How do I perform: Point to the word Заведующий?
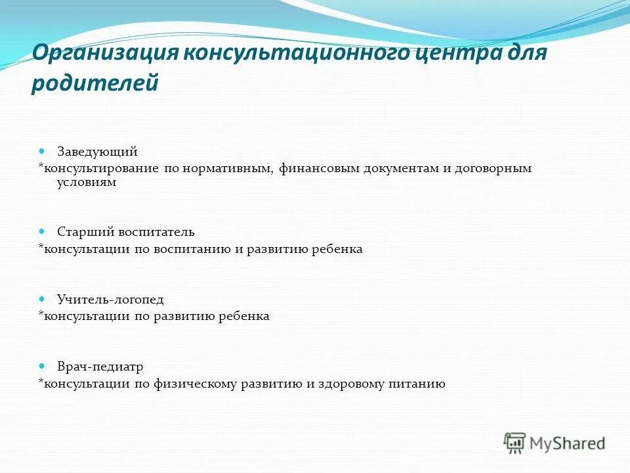click(x=97, y=152)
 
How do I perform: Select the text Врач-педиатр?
click(x=100, y=367)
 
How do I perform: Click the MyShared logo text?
click(x=567, y=443)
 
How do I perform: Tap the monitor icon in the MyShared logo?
click(x=515, y=443)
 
